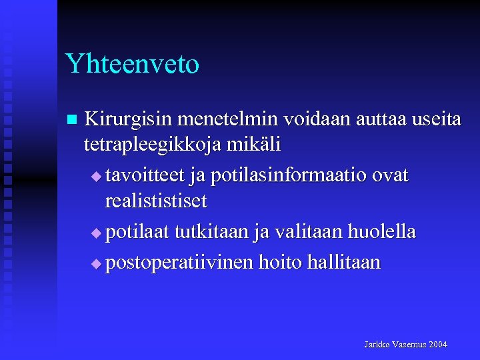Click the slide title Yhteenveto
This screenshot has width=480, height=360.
(132, 64)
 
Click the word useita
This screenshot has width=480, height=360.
(437, 119)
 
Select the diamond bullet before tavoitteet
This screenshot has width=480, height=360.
(95, 177)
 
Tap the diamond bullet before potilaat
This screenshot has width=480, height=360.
(95, 234)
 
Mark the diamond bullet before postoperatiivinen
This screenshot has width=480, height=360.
(95, 264)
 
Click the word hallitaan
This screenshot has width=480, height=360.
(343, 262)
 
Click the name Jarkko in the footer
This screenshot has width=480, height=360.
(377, 345)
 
